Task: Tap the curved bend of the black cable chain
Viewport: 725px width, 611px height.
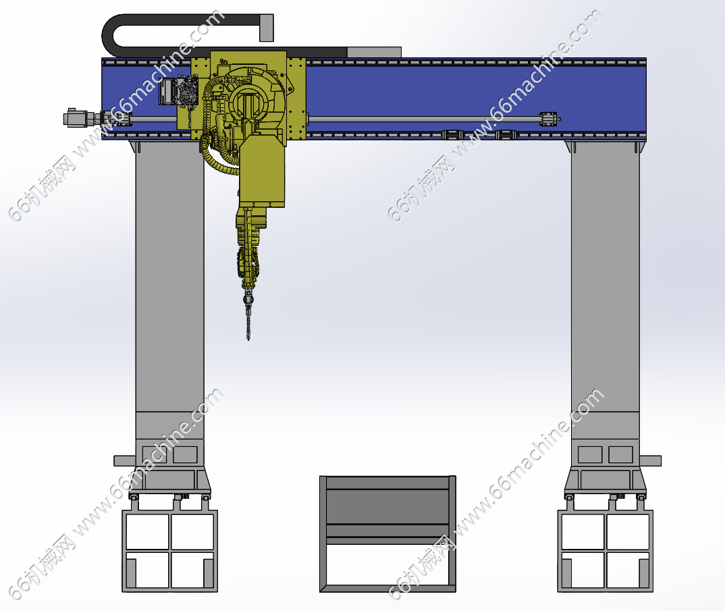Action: [x=109, y=34]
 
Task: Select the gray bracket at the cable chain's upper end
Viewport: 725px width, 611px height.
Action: [x=267, y=28]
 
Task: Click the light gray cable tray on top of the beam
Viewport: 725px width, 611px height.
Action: [x=373, y=52]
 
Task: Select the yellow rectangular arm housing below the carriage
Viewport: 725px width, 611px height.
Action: [x=262, y=170]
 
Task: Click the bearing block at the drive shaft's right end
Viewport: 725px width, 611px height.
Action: [x=549, y=119]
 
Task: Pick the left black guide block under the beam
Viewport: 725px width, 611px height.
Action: [x=452, y=135]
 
